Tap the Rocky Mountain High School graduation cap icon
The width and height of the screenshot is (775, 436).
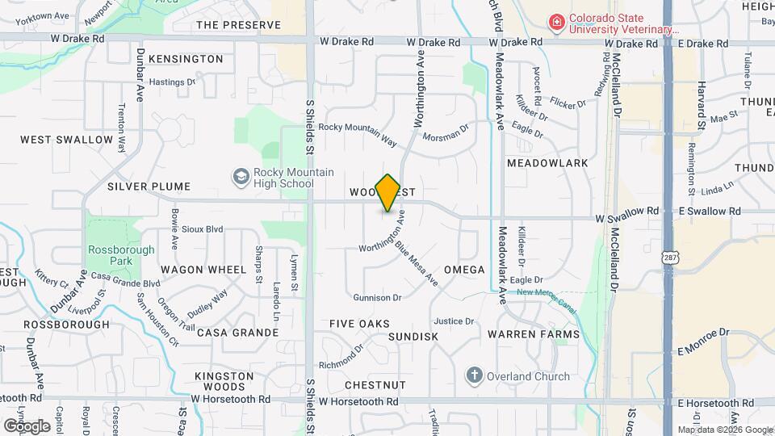[x=241, y=176]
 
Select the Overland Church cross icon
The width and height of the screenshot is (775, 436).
[x=475, y=375]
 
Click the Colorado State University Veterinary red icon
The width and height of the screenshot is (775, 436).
[x=555, y=22]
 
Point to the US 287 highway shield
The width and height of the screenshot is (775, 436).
[x=670, y=257]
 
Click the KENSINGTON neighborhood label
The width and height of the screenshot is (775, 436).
[x=186, y=59]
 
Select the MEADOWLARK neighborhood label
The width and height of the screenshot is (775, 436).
[x=547, y=163]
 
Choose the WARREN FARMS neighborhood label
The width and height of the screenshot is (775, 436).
[x=534, y=334]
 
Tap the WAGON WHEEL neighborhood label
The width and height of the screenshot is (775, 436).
[x=203, y=269]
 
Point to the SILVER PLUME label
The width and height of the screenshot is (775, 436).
[x=149, y=187]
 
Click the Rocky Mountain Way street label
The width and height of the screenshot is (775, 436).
[x=358, y=133]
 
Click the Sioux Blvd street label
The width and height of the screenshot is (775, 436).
[x=202, y=229]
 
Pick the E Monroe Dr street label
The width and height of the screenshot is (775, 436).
[x=703, y=341]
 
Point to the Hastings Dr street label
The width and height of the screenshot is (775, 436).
[x=173, y=82]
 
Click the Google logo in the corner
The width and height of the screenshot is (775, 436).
[x=27, y=426]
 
